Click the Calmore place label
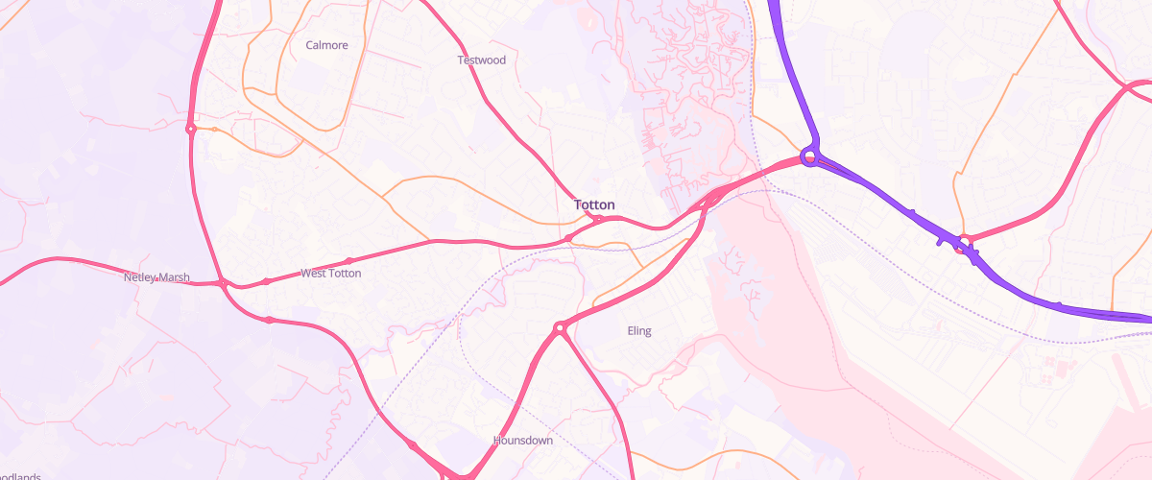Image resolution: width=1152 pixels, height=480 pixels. coord(326,45)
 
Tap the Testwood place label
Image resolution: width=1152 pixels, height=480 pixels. coord(481,60)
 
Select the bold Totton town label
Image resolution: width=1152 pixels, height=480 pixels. coord(594,204)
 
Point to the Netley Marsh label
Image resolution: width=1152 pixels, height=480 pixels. coord(156,277)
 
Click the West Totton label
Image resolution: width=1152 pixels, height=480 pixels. coord(330,274)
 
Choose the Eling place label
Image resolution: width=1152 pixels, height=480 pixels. coord(638,331)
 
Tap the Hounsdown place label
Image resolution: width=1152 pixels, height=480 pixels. coord(522,441)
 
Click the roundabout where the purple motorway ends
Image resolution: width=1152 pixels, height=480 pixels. coord(810,156)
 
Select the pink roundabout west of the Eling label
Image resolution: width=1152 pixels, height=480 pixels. coord(559,329)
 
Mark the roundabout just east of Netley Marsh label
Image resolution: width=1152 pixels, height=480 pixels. coord(223,284)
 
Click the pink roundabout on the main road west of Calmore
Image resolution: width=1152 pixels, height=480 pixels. coord(191,129)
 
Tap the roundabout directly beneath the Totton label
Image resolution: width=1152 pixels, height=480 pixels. coord(598,220)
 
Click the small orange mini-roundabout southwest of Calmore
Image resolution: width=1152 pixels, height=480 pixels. coord(215,130)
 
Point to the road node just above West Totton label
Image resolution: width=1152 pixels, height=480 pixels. coord(348,260)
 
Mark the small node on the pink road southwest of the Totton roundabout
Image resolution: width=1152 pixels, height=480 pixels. coord(568,238)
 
